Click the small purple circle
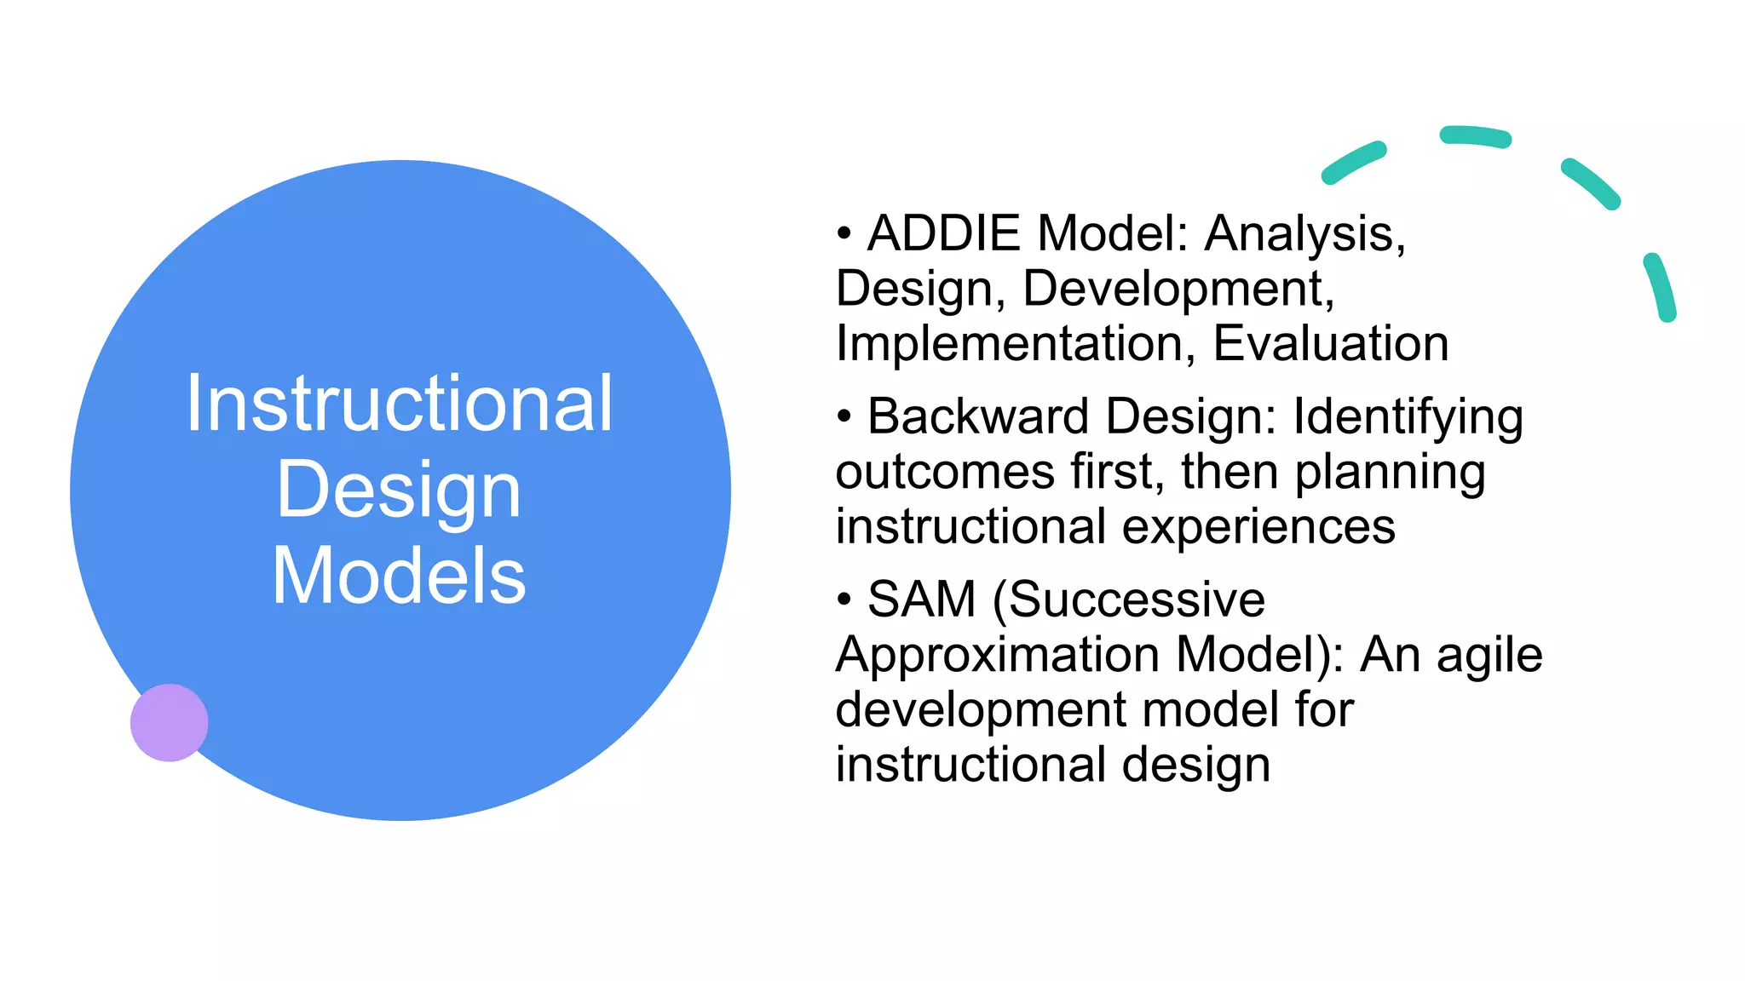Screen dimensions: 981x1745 [x=169, y=722]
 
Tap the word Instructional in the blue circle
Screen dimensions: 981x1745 [x=399, y=404]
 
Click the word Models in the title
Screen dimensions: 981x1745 [x=399, y=577]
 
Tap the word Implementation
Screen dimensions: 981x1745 [x=1009, y=343]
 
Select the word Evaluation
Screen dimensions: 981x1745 [x=1330, y=343]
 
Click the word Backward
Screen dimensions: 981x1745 [x=978, y=416]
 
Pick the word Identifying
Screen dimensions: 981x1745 [x=1408, y=418]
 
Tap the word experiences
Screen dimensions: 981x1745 [x=1258, y=527]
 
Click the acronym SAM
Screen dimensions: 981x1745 [x=921, y=599]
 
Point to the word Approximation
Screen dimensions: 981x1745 [x=997, y=655]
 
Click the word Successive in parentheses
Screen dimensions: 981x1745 [x=1137, y=599]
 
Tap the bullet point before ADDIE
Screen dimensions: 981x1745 [x=844, y=233]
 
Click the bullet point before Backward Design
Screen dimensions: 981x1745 [x=844, y=416]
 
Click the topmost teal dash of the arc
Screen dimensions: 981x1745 [x=1475, y=136]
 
